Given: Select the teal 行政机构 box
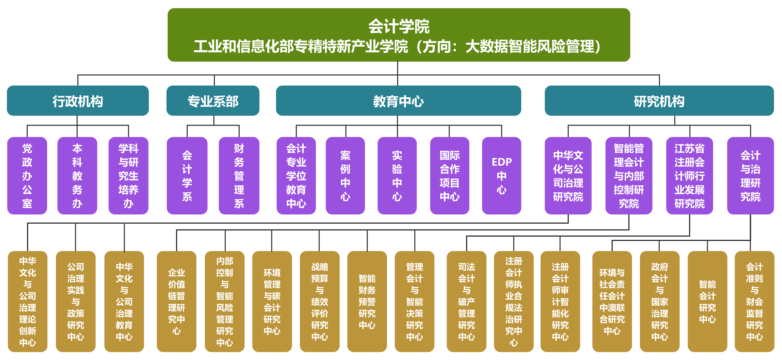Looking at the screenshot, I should (78, 101).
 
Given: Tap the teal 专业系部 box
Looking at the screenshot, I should (213, 101).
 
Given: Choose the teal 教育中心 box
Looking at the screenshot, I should (398, 101).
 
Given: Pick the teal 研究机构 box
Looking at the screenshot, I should (659, 101).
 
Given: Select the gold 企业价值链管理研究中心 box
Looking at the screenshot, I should (176, 301).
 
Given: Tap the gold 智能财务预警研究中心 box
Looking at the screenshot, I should (367, 301).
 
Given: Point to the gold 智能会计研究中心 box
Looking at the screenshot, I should (707, 301).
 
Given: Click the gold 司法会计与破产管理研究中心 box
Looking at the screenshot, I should (466, 301).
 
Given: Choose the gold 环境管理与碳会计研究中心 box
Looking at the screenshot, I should (272, 301).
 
